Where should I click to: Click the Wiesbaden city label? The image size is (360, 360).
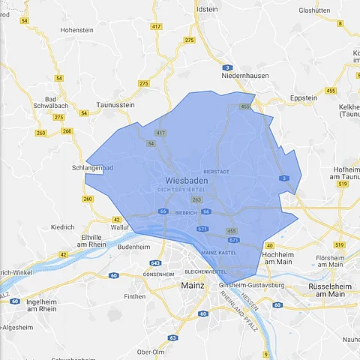[x=184, y=181]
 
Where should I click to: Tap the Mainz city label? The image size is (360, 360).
[x=193, y=286]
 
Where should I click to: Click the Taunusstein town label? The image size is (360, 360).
[x=115, y=106]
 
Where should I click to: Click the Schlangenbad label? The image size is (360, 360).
[x=91, y=168]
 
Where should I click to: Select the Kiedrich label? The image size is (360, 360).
[x=62, y=226]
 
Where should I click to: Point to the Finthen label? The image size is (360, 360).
[x=135, y=297]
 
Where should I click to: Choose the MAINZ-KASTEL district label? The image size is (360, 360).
[x=220, y=251]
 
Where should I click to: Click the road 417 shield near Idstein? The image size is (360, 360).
[x=156, y=26]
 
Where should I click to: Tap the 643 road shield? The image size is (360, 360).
[x=156, y=263]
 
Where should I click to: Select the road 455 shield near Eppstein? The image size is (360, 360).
[x=331, y=91]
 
